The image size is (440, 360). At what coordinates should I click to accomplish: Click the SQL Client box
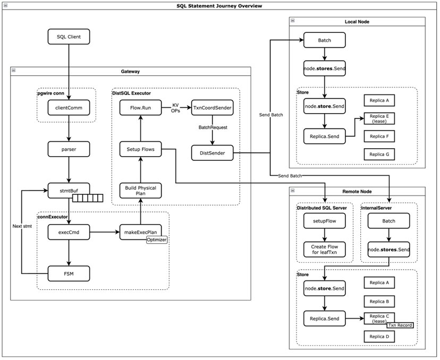tap(69, 37)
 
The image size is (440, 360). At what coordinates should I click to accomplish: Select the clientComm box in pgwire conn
tap(69, 108)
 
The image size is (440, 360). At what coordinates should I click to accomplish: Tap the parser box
tap(69, 149)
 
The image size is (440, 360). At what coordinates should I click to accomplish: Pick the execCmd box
tap(69, 232)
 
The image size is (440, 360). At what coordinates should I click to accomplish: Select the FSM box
tap(69, 273)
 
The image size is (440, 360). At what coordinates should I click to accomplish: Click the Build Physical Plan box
tap(140, 191)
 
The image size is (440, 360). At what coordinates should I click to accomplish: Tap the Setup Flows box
tap(140, 149)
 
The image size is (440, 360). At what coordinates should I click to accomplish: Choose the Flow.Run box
tap(140, 108)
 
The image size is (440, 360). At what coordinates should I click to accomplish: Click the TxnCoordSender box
tap(212, 108)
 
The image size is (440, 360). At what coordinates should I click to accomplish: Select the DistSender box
tap(212, 153)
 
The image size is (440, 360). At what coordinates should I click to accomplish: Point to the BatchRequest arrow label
tap(213, 128)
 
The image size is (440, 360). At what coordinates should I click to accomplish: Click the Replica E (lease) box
tap(379, 118)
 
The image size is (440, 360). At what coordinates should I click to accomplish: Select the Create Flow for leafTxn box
tap(325, 248)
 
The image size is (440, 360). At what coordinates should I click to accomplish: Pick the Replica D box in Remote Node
tap(379, 337)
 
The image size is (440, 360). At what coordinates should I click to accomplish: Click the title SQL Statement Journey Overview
tap(219, 6)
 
